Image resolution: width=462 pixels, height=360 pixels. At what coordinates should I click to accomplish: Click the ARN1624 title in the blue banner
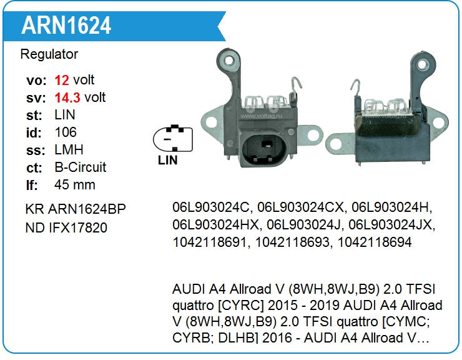(x=66, y=26)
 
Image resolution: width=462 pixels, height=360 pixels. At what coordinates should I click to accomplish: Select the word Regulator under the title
(x=49, y=54)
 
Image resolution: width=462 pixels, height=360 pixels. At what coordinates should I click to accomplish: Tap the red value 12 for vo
(x=62, y=80)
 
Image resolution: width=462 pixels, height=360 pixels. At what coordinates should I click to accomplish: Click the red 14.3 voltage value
(x=68, y=97)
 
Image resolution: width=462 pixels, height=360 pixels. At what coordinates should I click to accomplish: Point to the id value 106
(x=66, y=132)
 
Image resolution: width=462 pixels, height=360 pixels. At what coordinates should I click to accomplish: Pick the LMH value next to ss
(x=69, y=150)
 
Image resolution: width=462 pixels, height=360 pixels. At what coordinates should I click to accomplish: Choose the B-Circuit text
(x=81, y=167)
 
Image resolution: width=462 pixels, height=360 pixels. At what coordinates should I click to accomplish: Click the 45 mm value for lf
(x=75, y=185)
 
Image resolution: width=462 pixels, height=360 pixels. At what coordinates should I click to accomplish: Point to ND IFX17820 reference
(x=66, y=227)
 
